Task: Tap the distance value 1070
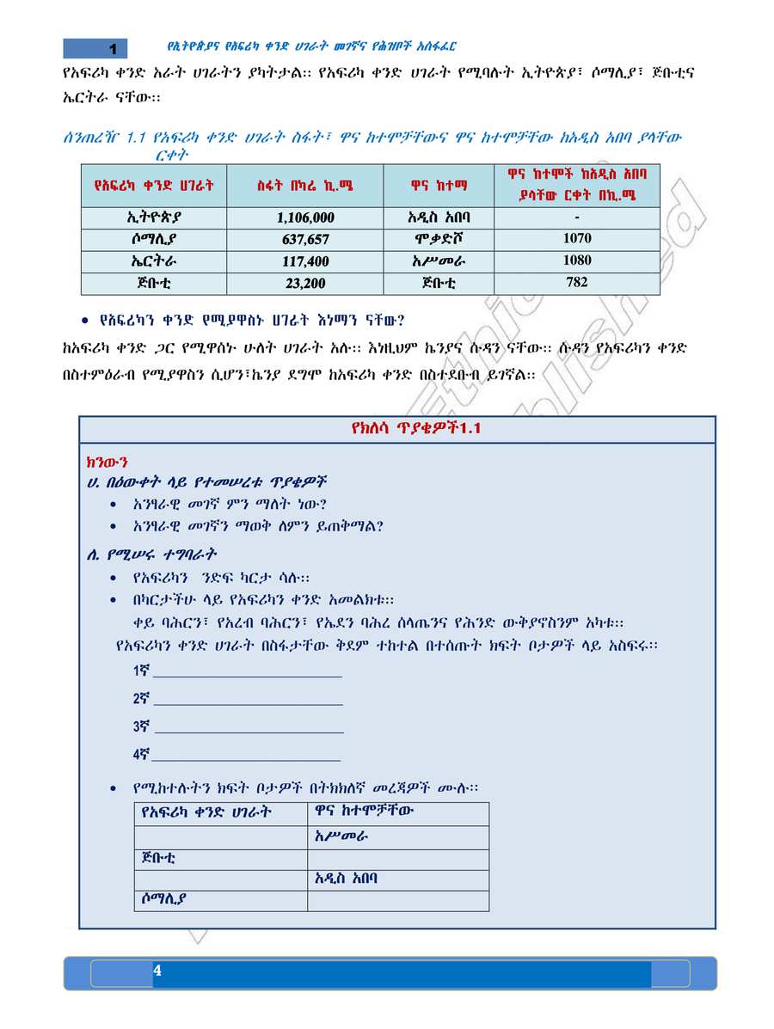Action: pyautogui.click(x=576, y=238)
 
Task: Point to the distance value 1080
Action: pyautogui.click(x=576, y=260)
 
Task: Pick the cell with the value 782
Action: pyautogui.click(x=576, y=282)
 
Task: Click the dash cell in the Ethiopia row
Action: pyautogui.click(x=576, y=217)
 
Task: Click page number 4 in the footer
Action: pyautogui.click(x=157, y=971)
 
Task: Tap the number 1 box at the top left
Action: pyautogui.click(x=111, y=48)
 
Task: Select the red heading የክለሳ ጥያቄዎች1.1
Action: pyautogui.click(x=396, y=429)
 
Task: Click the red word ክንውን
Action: pyautogui.click(x=104, y=462)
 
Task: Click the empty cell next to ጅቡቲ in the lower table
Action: pyautogui.click(x=397, y=858)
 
